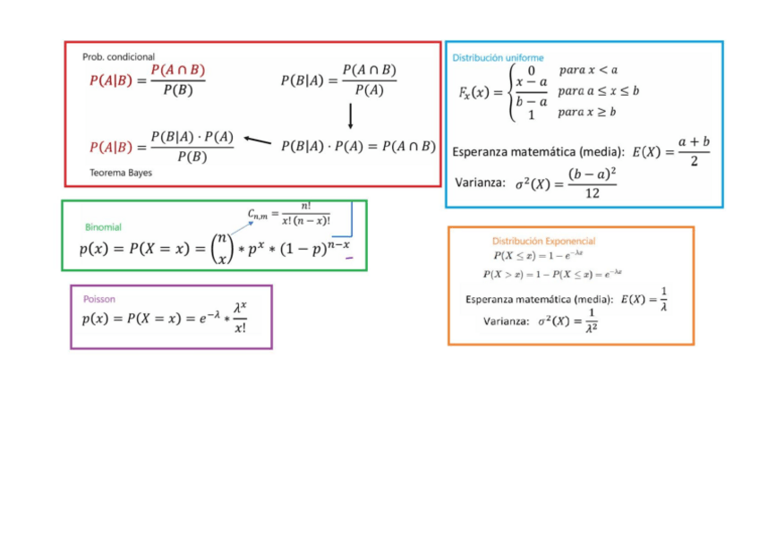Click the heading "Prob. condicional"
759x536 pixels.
pos(118,56)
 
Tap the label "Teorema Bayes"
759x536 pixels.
pos(121,173)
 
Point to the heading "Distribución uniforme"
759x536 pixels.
pos(498,57)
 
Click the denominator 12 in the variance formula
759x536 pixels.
pos(592,193)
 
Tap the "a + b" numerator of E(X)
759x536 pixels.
pos(694,141)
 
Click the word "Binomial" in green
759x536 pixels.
pos(103,227)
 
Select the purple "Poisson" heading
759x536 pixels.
pos(98,299)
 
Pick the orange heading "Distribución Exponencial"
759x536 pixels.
pos(543,241)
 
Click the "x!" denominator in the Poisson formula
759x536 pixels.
pos(240,328)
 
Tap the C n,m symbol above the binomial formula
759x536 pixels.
pos(259,213)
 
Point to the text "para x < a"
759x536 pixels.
pos(588,70)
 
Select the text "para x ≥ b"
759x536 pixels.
pos(587,113)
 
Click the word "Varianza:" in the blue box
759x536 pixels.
pos(481,183)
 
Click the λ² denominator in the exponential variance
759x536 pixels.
pos(592,329)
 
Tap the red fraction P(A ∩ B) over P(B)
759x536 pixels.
pos(177,79)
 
